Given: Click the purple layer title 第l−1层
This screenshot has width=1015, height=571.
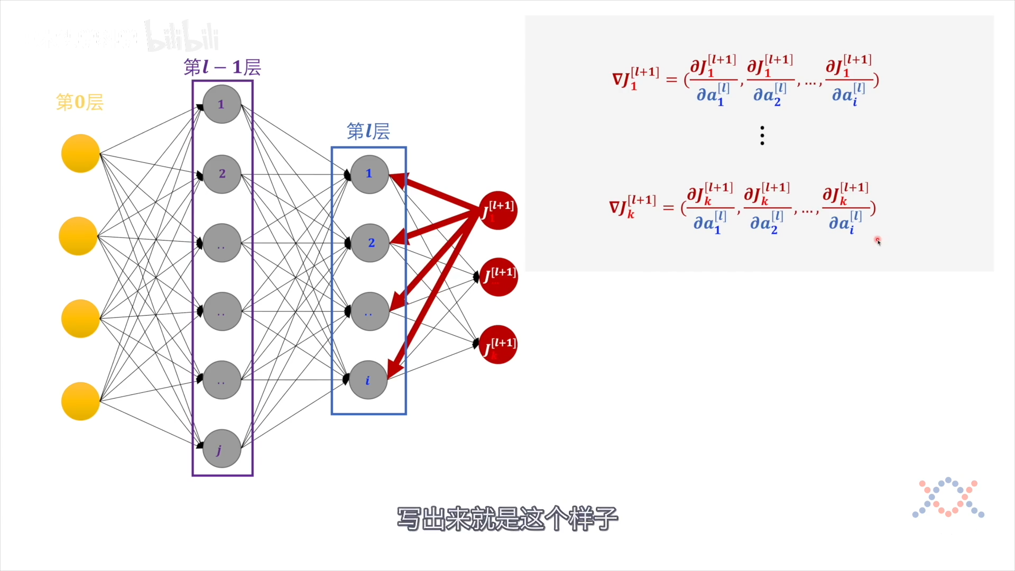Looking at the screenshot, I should coord(222,67).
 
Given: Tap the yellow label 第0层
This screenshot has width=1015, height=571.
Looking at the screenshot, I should coord(80,102).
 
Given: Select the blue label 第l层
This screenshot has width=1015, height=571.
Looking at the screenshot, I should coord(368,131).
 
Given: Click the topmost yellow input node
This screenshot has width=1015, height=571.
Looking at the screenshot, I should coord(80,154).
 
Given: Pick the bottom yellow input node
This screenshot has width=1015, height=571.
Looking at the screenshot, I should coord(80,401).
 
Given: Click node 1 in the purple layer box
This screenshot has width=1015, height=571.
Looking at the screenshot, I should coord(222,104).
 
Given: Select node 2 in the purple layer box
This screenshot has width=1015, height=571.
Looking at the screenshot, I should coord(222,174).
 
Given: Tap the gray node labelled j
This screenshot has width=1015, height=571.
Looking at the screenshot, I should coord(222,449).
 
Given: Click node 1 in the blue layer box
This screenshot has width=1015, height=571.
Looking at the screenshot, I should coord(369,174).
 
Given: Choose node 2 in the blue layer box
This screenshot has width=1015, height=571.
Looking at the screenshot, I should coord(370,243).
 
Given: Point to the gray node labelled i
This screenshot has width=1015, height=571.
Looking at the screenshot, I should coord(368,380).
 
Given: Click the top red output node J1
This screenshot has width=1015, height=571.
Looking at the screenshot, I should coord(497,210).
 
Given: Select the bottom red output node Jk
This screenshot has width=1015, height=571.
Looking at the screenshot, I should coord(498,345).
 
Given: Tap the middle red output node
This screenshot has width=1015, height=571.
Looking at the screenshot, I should coord(498,277).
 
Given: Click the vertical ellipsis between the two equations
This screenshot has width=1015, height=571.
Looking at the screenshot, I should coord(762,136).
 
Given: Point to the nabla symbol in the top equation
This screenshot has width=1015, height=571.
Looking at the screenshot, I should coord(617,79).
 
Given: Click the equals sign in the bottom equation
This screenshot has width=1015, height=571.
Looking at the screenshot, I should coord(669,208).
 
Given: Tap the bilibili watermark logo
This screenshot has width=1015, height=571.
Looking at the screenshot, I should coord(182,36).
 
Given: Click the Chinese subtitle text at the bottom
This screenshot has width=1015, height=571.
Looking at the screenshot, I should coord(507,518).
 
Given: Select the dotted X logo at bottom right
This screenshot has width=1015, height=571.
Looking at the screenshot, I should coord(948,498).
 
